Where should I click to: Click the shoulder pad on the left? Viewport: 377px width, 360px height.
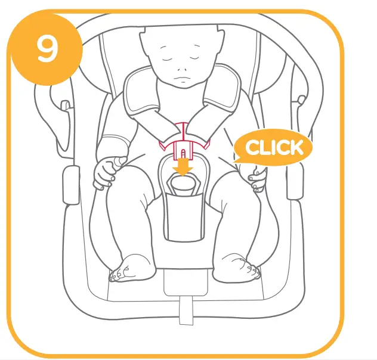[x=146, y=98]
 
